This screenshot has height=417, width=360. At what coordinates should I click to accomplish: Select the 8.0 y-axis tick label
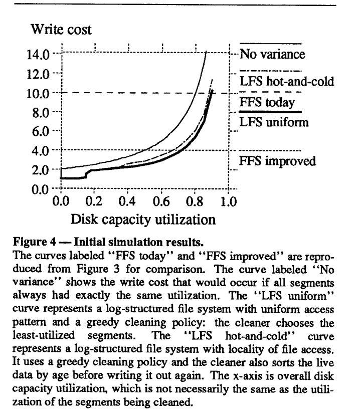pyautogui.click(x=44, y=112)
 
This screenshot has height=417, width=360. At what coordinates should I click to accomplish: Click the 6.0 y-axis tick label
pyautogui.click(x=44, y=131)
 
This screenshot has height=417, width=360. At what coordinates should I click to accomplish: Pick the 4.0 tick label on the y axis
pyautogui.click(x=44, y=150)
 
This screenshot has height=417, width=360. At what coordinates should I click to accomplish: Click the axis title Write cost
pyautogui.click(x=61, y=30)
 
